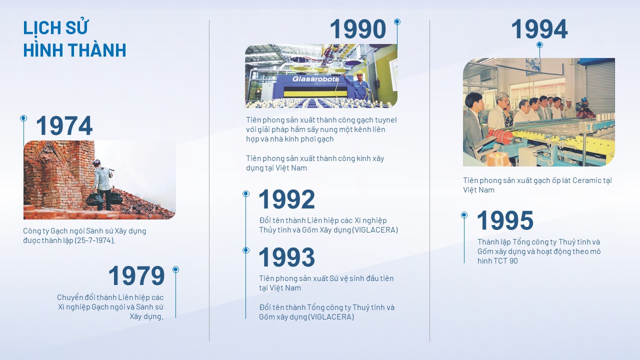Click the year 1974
[64, 125]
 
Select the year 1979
[136, 275]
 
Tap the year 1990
[358, 29]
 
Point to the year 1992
[286, 199]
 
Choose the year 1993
[286, 257]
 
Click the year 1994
[539, 29]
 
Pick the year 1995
[505, 220]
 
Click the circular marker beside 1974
[23, 118]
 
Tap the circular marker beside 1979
[175, 269]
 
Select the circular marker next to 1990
[397, 21]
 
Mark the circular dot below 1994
[539, 45]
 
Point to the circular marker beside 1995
[464, 215]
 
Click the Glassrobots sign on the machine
[315, 79]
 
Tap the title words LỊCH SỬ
[55, 27]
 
